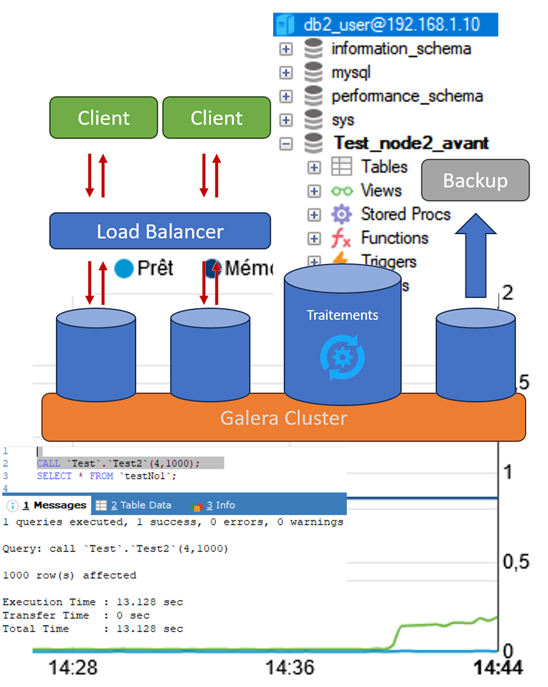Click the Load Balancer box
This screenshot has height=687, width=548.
pos(160,231)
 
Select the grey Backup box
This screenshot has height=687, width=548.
pos(475,180)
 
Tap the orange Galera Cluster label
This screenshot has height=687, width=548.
pos(283,418)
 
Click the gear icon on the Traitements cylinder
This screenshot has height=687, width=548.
pos(342,358)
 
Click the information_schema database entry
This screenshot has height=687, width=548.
pos(401,49)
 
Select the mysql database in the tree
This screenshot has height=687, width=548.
pos(351,73)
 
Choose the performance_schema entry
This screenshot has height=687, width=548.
pos(407,96)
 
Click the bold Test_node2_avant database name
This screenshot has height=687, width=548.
pos(411,143)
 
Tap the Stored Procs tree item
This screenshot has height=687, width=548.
pos(405,214)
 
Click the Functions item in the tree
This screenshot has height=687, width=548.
pos(394,238)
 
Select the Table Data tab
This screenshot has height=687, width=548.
pos(140,505)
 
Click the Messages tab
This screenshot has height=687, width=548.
pos(54,505)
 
